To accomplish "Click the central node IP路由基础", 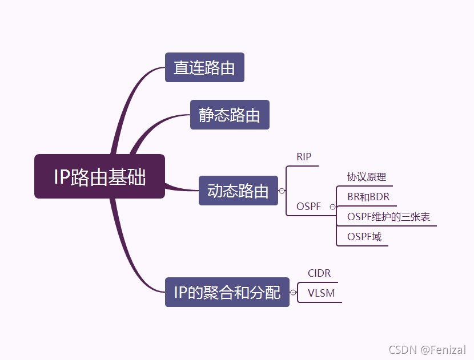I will click(x=99, y=176).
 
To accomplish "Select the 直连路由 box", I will click(x=204, y=67).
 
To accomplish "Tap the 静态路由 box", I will click(x=229, y=115).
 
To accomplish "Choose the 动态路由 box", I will click(x=238, y=191).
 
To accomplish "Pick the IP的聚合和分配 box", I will click(x=227, y=292).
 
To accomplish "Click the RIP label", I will click(x=304, y=156).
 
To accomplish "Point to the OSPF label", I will click(x=308, y=207).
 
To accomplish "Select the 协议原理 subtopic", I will click(x=366, y=177).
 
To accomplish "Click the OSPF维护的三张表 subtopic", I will click(x=388, y=217).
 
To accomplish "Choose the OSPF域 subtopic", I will click(x=364, y=237).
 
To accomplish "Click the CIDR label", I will click(x=319, y=273).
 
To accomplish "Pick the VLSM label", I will click(x=321, y=293).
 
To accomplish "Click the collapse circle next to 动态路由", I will click(x=282, y=191).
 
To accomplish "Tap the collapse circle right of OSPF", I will click(x=332, y=207).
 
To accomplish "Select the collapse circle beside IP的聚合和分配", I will click(x=293, y=293).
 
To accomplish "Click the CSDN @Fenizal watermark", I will click(x=427, y=349).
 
